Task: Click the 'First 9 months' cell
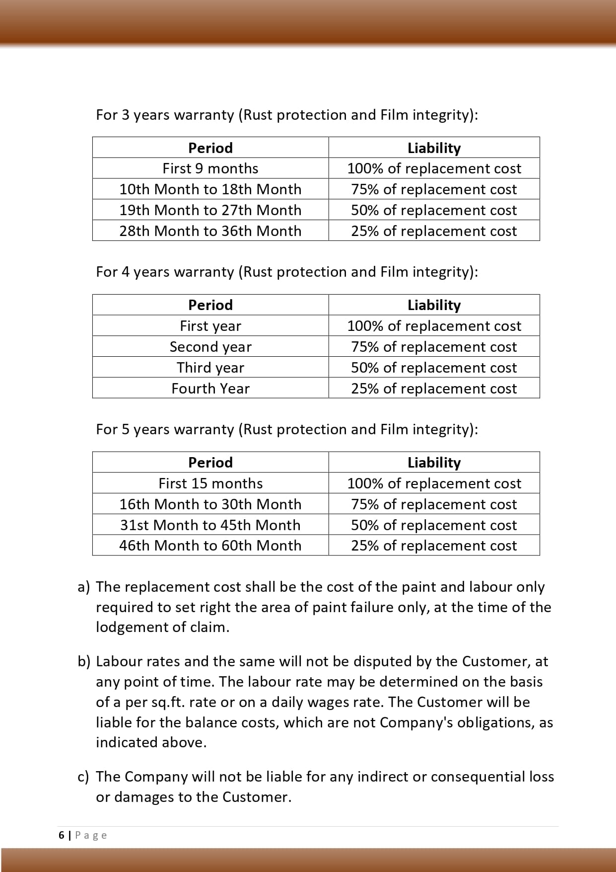click(x=210, y=168)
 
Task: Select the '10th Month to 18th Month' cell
click(x=210, y=189)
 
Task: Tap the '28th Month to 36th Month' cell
click(x=210, y=231)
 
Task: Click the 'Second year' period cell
click(x=210, y=347)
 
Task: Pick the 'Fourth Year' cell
click(x=210, y=389)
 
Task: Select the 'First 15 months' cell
click(x=210, y=483)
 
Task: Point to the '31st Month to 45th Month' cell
click(x=210, y=525)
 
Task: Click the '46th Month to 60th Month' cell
click(x=210, y=546)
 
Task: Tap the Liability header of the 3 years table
click(x=434, y=148)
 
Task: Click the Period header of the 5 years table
click(x=210, y=463)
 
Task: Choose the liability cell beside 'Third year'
click(x=434, y=368)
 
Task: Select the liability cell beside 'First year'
click(x=434, y=326)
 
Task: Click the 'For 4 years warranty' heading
click(x=287, y=272)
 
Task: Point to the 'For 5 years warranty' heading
click(x=287, y=429)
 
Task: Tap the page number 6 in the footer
click(x=62, y=835)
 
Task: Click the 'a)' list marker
click(x=84, y=587)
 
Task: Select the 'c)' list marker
click(x=83, y=777)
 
